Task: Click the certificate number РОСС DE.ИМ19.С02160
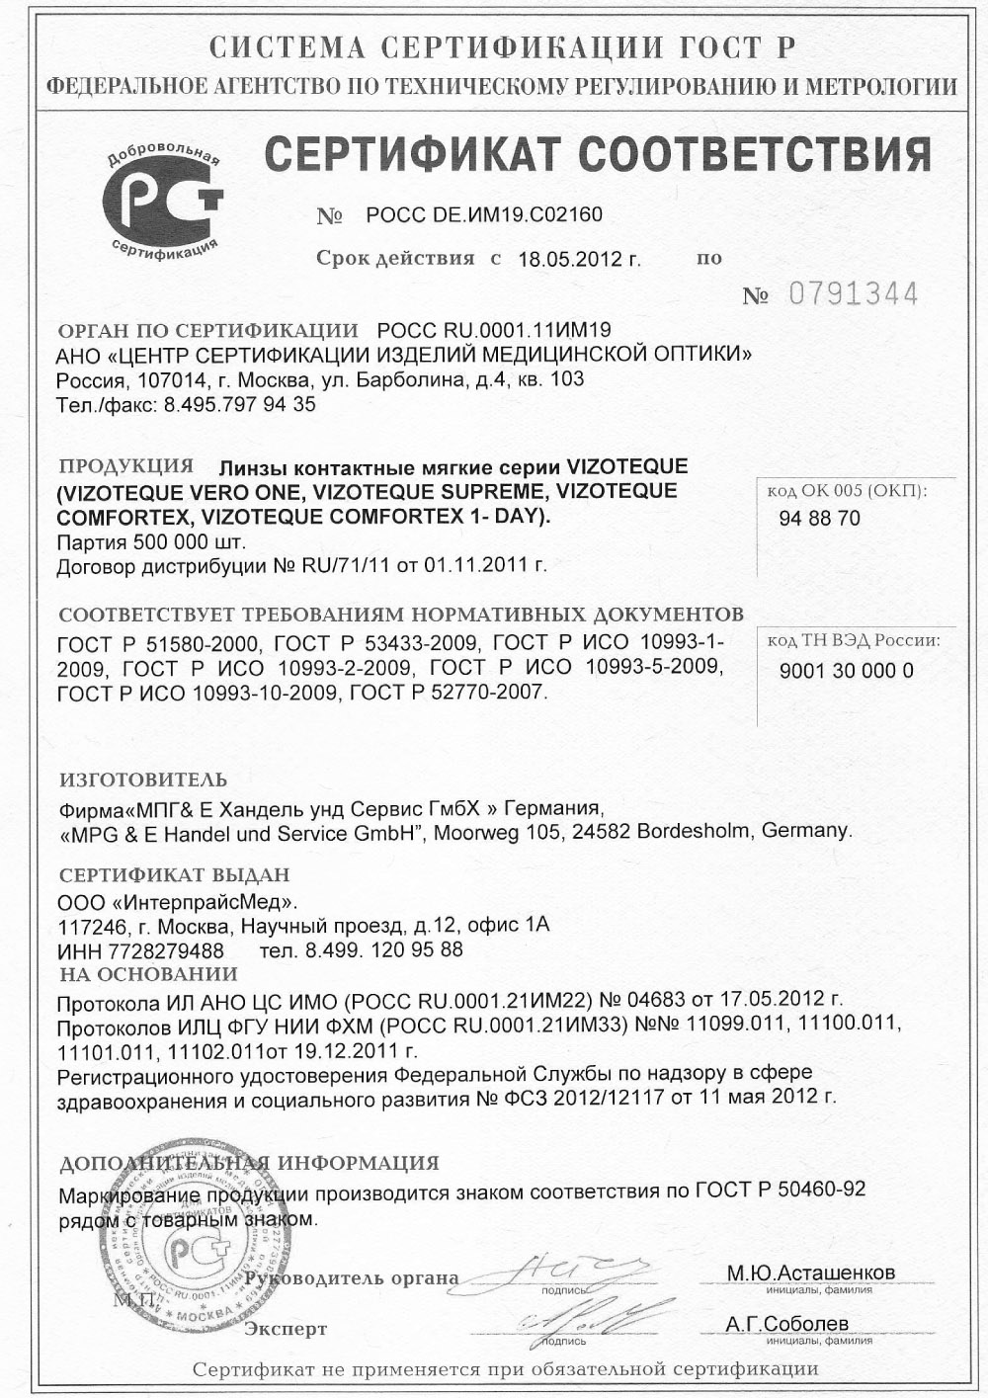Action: click(x=483, y=214)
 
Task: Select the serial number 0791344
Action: click(x=853, y=294)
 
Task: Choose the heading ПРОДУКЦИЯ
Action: click(x=125, y=465)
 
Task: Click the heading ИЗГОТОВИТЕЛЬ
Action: click(x=143, y=780)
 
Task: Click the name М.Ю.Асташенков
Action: click(x=811, y=1273)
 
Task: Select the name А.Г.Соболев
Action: click(x=786, y=1324)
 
